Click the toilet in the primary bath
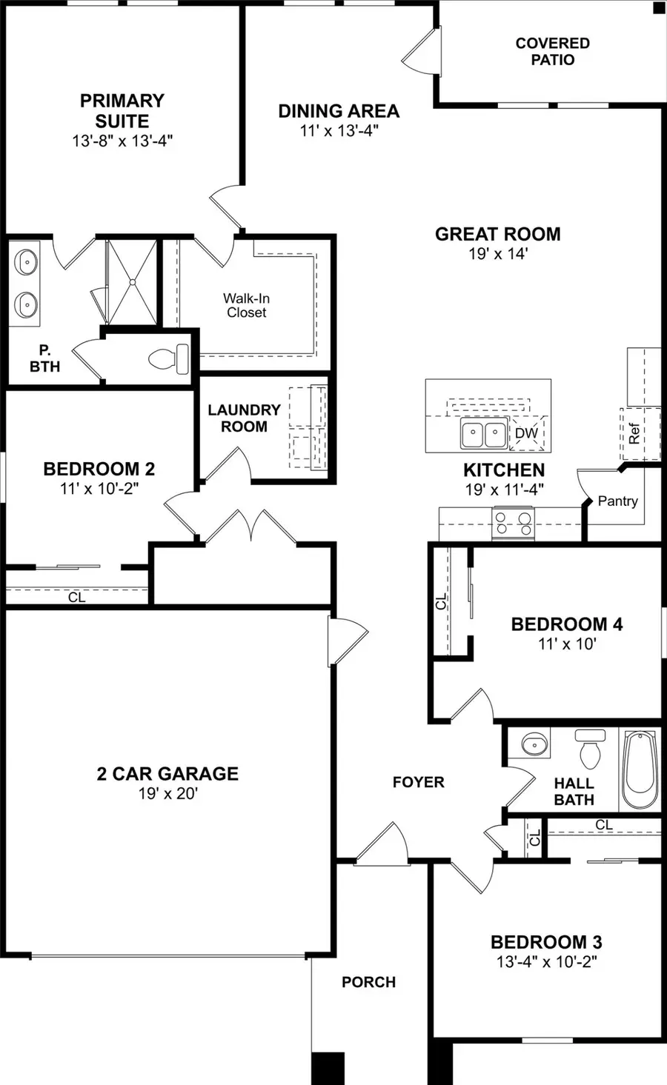169,359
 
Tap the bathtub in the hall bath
640,769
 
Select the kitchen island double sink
484,432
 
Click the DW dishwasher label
526,433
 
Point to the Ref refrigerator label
634,433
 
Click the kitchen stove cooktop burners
513,523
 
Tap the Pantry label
617,501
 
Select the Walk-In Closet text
246,305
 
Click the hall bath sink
534,743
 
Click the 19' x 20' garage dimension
168,793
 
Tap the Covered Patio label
553,51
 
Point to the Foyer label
418,782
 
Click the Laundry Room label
245,418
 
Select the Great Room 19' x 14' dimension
498,253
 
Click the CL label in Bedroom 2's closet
76,597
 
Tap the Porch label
369,982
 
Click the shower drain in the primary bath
132,282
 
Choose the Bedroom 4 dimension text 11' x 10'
567,644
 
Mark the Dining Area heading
339,111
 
